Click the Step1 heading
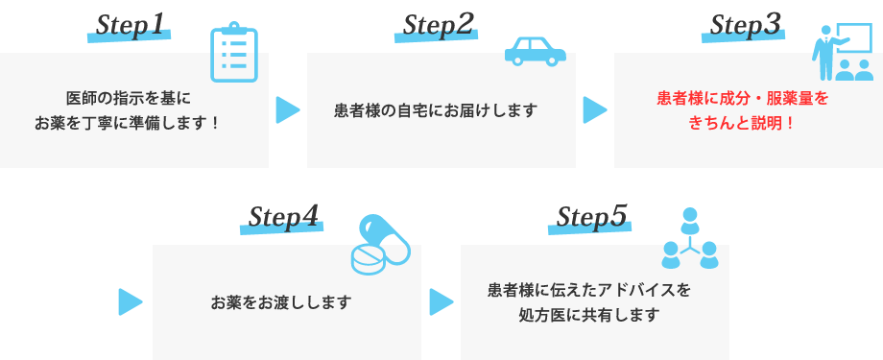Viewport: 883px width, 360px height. click(130, 26)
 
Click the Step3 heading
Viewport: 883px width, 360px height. click(744, 26)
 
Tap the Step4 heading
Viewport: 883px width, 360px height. click(282, 218)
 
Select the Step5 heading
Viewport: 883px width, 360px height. click(590, 218)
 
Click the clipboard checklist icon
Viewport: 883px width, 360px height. click(234, 54)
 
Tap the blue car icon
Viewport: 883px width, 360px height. click(535, 52)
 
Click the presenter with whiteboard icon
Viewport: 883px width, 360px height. click(842, 54)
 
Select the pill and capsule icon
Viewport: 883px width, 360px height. click(380, 244)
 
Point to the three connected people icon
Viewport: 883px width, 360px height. click(689, 239)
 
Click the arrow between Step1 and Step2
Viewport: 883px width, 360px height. click(287, 110)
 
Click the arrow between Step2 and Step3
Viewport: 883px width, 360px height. click(594, 110)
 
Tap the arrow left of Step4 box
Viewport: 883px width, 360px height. click(130, 301)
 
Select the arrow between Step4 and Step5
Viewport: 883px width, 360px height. click(441, 301)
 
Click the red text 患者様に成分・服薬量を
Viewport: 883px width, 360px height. click(742, 98)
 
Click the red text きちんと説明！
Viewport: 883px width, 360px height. click(742, 123)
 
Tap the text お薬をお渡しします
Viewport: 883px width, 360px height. click(281, 302)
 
